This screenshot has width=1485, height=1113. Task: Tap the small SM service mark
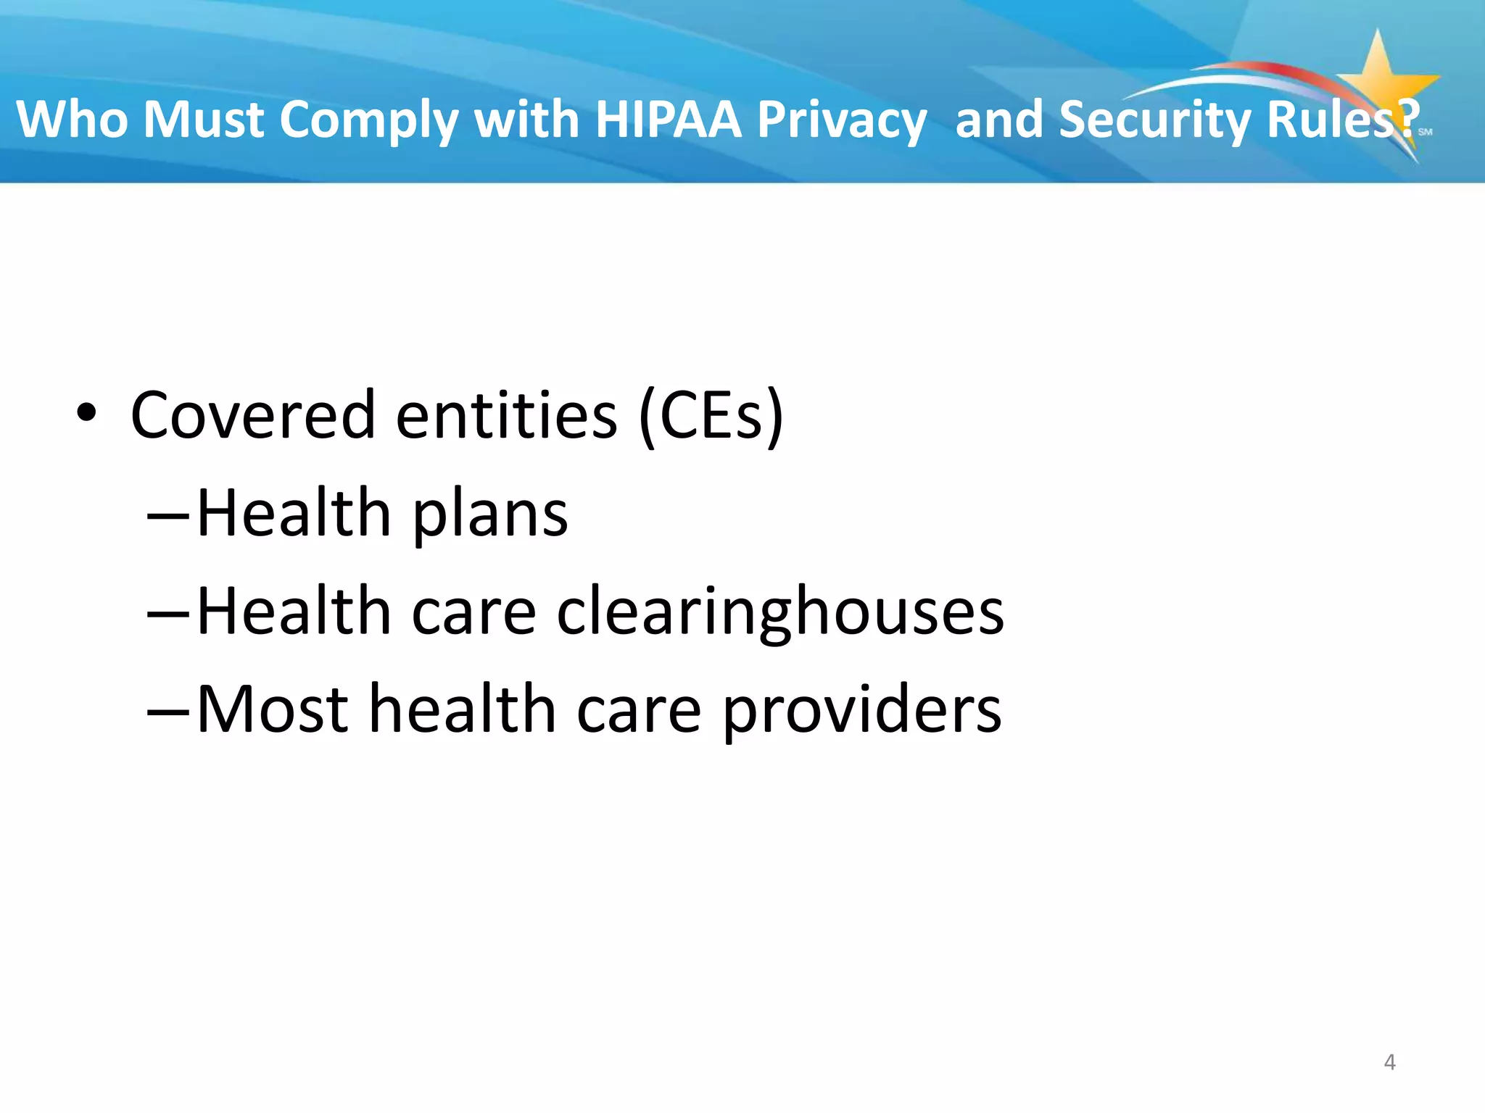pos(1425,132)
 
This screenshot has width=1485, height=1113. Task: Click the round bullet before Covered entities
pos(86,414)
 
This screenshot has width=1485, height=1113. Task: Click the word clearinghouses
pos(779,613)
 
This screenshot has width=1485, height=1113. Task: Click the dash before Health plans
pos(168,517)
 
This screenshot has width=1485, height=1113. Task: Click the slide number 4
pos(1389,1062)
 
